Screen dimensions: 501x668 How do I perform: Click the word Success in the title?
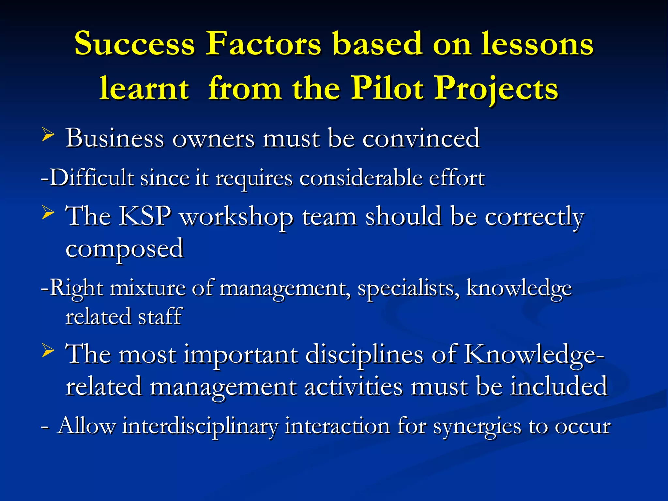[134, 43]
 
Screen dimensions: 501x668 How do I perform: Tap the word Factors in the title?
[264, 43]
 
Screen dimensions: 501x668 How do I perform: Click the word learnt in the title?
[144, 88]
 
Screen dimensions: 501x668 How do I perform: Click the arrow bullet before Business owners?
[48, 135]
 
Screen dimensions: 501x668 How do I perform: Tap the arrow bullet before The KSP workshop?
[48, 214]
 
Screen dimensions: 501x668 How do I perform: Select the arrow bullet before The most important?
[48, 351]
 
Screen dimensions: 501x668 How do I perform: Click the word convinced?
[421, 138]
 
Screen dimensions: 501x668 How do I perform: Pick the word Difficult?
[92, 178]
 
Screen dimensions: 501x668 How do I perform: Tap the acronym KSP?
[144, 216]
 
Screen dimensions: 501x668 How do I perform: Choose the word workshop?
[237, 217]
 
